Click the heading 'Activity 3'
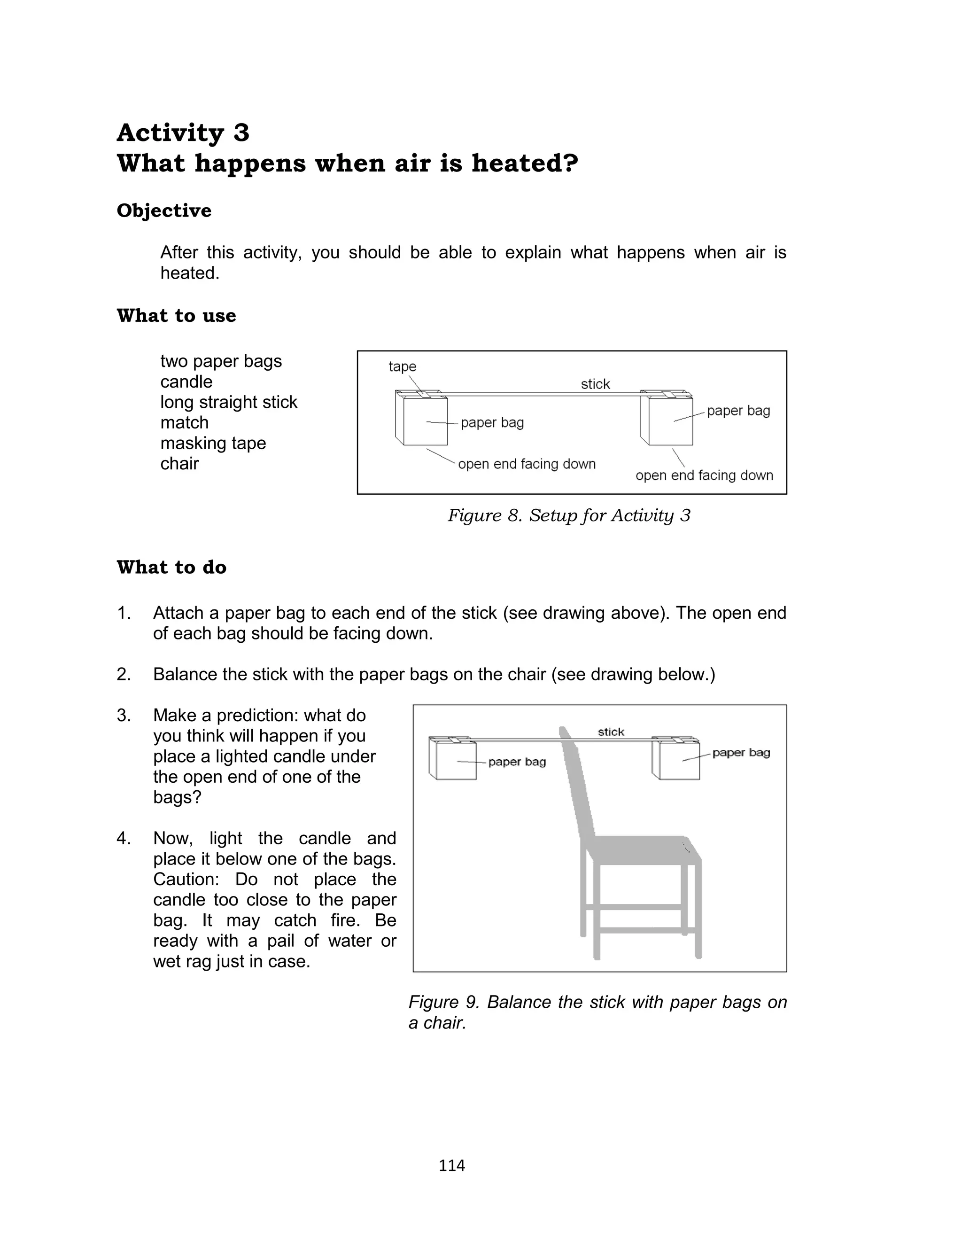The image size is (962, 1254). (183, 133)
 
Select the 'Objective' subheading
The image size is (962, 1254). (164, 210)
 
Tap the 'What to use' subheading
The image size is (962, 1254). (176, 316)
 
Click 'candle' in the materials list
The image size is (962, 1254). (186, 382)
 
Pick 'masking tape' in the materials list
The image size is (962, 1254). (213, 443)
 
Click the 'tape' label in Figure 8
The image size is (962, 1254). (402, 366)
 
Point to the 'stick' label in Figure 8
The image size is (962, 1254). (595, 384)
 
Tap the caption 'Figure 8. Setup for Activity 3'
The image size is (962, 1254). (569, 515)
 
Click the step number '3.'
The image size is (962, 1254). (124, 716)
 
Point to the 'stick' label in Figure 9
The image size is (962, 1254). (611, 732)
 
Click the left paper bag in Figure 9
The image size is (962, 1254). (456, 760)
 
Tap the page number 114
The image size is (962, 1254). (451, 1165)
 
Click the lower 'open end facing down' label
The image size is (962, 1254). (704, 475)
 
